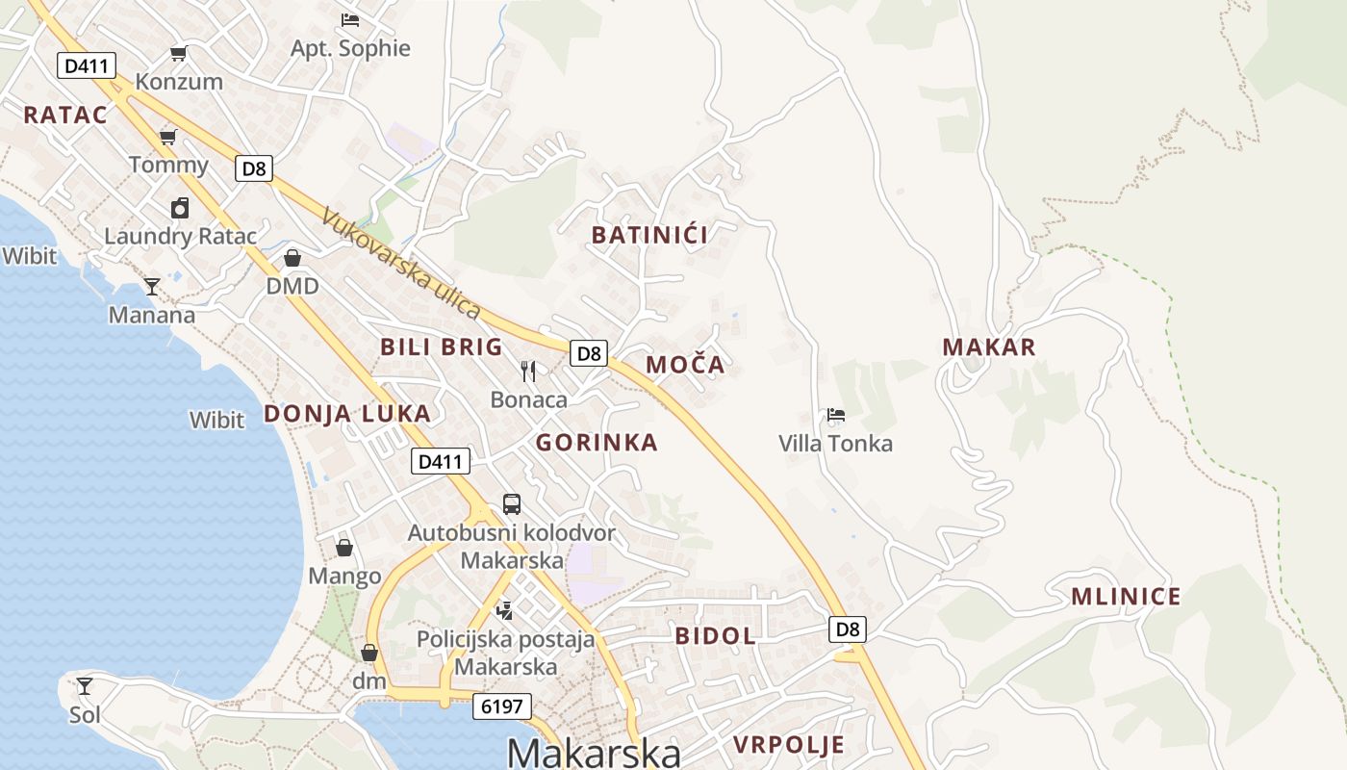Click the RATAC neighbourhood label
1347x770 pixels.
(65, 115)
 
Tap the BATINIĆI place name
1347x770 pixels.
(649, 235)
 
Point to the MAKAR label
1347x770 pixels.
(989, 347)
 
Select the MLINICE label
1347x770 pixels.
(1126, 597)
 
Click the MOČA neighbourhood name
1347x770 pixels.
(685, 365)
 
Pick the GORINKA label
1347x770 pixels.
(597, 443)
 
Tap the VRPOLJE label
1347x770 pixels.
(789, 744)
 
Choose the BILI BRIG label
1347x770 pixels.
(442, 347)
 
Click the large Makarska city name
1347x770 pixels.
(594, 752)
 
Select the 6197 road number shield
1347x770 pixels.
(502, 706)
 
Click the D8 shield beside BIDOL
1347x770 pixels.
(847, 629)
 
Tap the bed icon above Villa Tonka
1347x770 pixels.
(836, 416)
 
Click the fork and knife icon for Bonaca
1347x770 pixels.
(528, 372)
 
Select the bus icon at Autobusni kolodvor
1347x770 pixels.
(512, 504)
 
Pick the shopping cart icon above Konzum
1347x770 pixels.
(178, 54)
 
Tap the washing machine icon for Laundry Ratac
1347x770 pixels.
(180, 208)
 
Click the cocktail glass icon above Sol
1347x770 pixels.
(85, 686)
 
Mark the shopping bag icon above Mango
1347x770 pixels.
(344, 549)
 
